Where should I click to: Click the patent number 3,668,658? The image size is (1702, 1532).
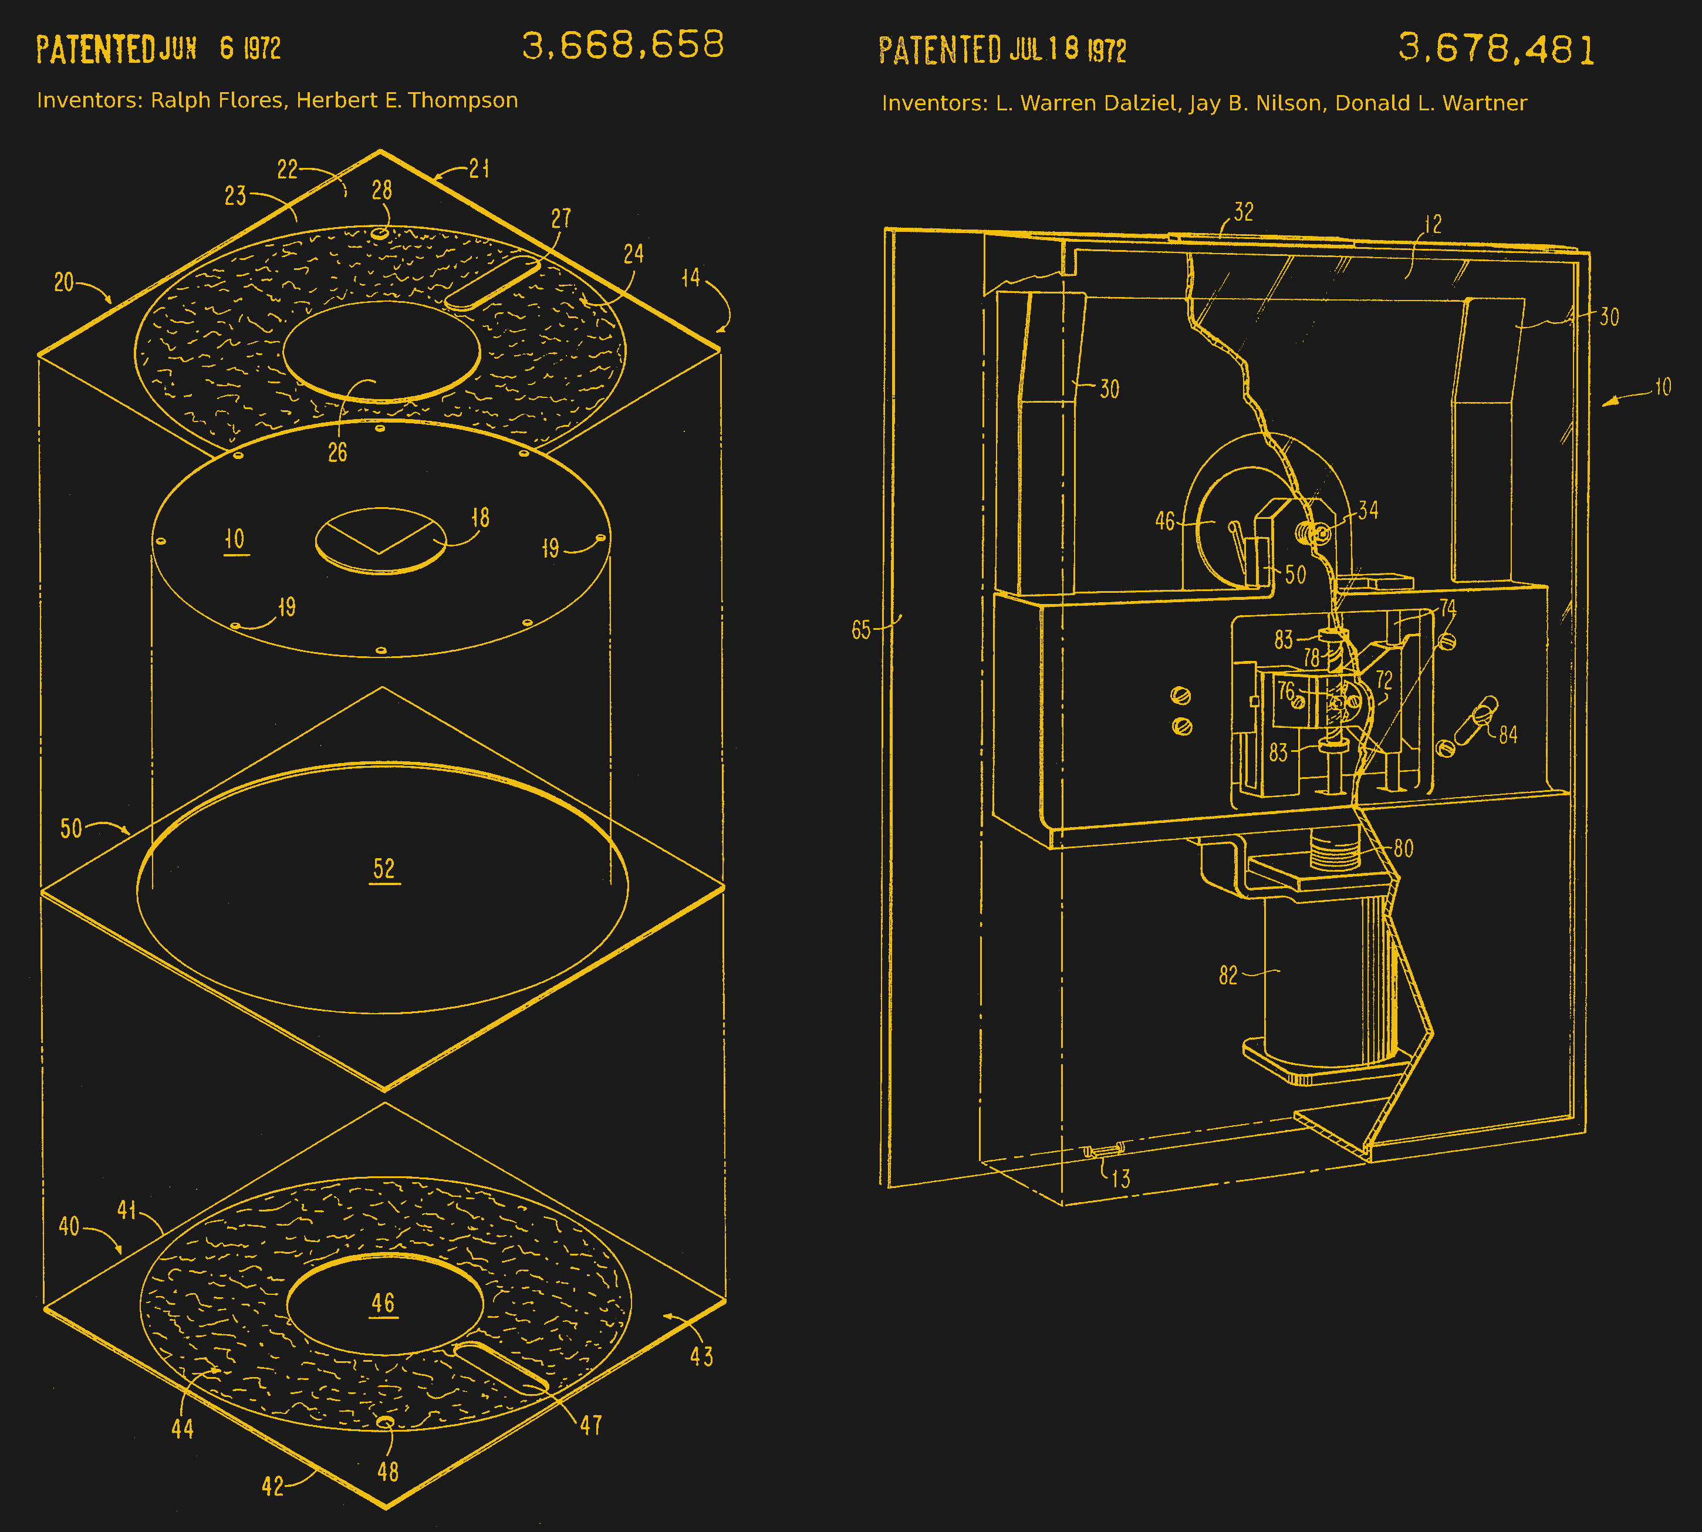tap(622, 45)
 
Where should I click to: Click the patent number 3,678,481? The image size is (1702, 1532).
tap(1496, 49)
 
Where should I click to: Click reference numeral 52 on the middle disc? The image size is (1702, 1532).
tap(384, 869)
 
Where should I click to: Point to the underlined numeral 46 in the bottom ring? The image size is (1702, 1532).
tap(383, 1303)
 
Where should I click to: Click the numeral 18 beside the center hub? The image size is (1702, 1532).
tap(480, 518)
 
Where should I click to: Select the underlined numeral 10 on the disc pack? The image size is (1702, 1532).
tap(235, 539)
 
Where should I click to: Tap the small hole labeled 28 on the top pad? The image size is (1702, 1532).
tap(380, 233)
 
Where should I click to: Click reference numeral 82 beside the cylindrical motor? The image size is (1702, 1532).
tap(1228, 976)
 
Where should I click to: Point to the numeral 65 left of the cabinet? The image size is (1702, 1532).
tap(860, 630)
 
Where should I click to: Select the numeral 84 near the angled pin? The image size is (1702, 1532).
tap(1508, 735)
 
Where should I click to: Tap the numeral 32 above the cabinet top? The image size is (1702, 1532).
tap(1243, 211)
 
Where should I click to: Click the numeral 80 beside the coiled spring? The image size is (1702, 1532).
tap(1403, 848)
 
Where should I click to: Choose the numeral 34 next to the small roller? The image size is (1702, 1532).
tap(1368, 510)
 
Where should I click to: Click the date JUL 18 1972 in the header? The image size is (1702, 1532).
tap(1068, 50)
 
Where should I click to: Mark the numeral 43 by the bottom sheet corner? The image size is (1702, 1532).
tap(701, 1356)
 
